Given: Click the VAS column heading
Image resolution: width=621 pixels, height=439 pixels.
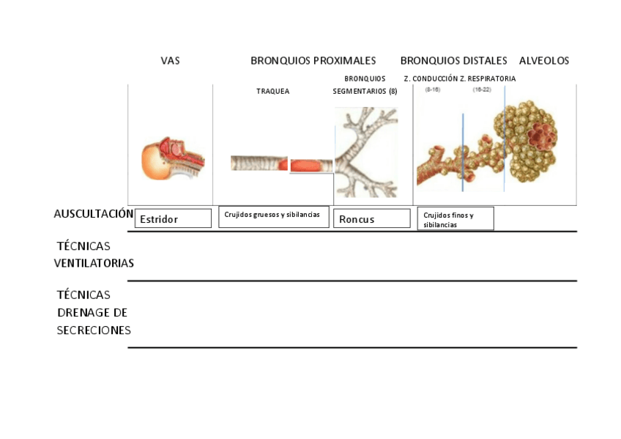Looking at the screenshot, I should tap(170, 61).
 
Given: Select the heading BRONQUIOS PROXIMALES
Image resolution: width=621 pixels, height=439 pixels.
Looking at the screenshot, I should tap(313, 61).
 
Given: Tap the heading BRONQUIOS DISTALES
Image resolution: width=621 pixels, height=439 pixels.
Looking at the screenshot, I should tap(453, 61).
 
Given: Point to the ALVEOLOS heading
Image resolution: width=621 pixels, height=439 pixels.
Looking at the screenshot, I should tap(543, 61).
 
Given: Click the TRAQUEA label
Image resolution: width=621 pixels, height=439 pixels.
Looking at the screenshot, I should tap(272, 92).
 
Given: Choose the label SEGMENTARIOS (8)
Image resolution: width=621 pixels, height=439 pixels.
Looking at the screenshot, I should tap(365, 92).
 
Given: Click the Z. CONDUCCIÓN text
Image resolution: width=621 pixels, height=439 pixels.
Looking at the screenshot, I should tap(430, 78).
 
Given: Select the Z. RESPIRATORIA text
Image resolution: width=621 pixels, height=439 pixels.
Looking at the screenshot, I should tap(488, 78).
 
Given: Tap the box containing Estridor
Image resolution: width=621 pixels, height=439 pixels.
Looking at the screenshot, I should tap(173, 218).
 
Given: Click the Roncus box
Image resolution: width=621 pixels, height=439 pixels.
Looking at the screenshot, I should tap(371, 218).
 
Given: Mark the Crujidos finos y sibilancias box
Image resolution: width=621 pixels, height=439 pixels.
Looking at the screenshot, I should tap(455, 219).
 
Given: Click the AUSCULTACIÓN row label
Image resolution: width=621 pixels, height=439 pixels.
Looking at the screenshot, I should tap(93, 214).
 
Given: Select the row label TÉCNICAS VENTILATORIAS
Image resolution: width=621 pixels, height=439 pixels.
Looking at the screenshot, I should tap(94, 254).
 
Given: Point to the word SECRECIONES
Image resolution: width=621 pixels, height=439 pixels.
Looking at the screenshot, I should tap(94, 330).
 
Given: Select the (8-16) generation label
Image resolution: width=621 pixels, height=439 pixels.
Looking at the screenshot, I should tap(432, 89).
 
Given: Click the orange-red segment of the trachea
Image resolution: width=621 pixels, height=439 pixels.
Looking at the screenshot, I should tap(312, 166).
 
